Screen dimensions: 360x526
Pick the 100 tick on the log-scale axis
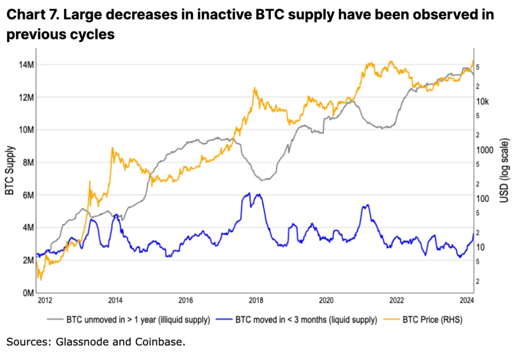[x=483, y=199]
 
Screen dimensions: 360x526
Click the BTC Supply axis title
[x=9, y=171]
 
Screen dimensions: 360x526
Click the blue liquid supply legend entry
[x=306, y=320]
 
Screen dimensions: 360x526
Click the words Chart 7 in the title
[x=30, y=14]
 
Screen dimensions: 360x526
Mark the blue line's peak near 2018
[x=249, y=193]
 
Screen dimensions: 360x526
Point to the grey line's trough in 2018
[x=263, y=180]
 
